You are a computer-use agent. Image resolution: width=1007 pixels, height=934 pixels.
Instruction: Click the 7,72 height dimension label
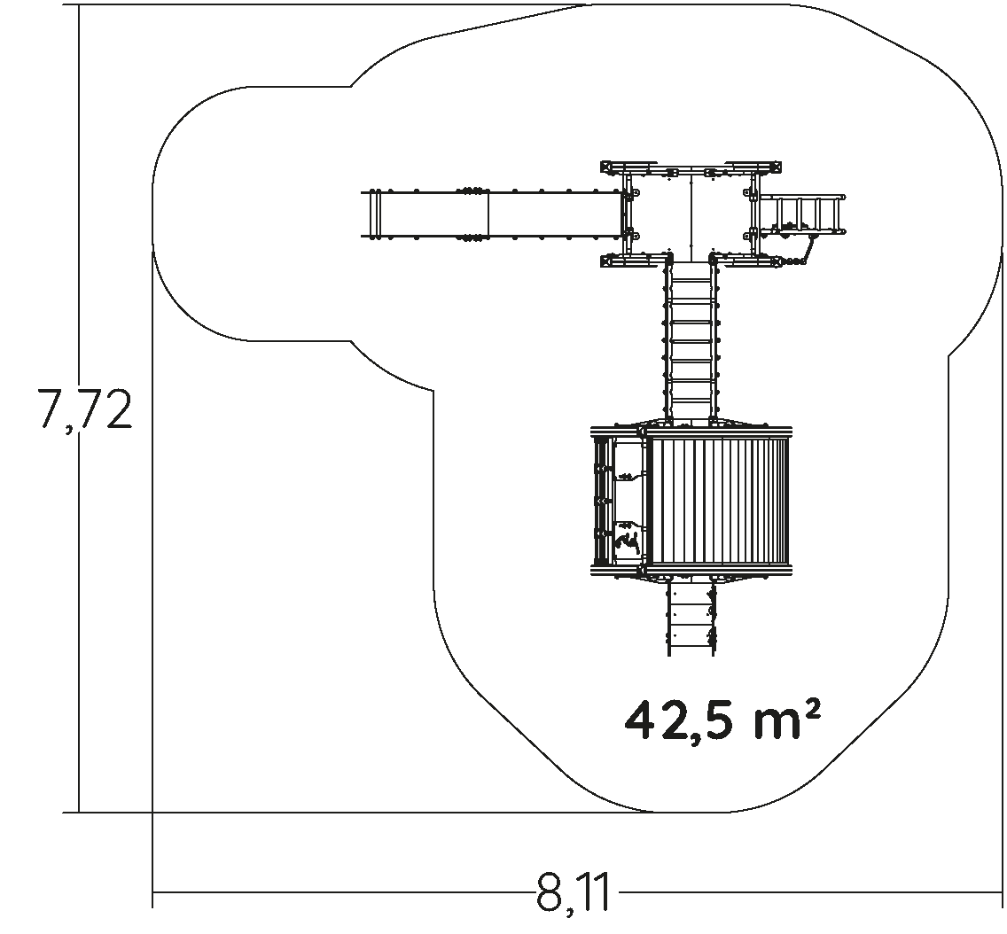tap(85, 409)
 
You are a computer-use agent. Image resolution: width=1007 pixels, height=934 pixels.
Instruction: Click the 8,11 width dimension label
tap(573, 892)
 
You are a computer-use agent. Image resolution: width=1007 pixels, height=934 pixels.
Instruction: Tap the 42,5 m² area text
tap(722, 721)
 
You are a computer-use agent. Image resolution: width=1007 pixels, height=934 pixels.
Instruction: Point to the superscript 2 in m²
tap(812, 711)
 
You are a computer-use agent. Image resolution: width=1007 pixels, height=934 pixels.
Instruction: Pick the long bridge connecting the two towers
tap(691, 341)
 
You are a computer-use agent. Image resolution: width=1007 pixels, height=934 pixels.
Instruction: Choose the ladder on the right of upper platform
tap(800, 214)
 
